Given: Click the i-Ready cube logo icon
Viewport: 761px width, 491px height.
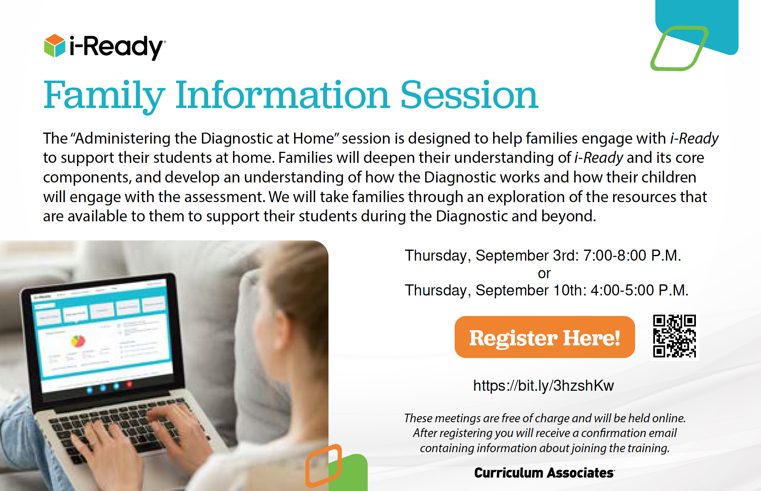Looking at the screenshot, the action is point(54,46).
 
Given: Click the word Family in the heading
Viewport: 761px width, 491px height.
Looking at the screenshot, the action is point(104,96).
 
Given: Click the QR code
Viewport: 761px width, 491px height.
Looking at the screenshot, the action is point(674,336).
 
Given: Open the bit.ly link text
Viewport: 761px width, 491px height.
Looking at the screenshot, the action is point(544,385).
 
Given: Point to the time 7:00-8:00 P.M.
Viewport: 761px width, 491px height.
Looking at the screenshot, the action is point(632,255).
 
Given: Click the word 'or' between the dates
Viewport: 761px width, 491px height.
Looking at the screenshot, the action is point(544,273).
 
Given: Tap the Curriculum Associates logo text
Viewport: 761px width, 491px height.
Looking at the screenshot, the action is point(544,473).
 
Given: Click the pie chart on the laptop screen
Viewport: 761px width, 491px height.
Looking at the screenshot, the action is point(78,340).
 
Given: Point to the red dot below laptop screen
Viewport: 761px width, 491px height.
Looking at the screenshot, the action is point(129,384).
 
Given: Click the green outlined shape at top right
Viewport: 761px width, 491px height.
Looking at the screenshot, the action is point(679,48).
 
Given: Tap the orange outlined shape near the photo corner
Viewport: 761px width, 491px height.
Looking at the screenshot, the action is point(324,466).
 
